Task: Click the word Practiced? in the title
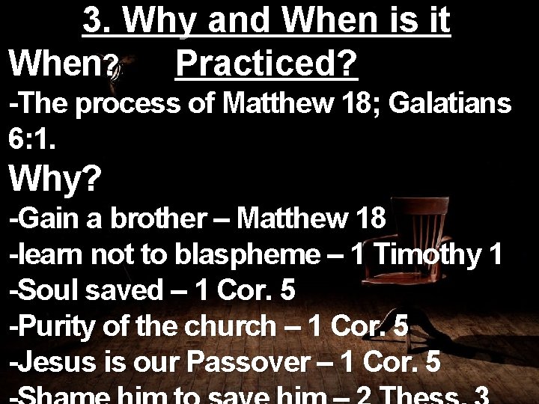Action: point(266,65)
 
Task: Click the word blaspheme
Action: point(247,256)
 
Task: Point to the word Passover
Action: point(248,362)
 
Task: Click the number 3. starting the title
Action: point(98,22)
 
